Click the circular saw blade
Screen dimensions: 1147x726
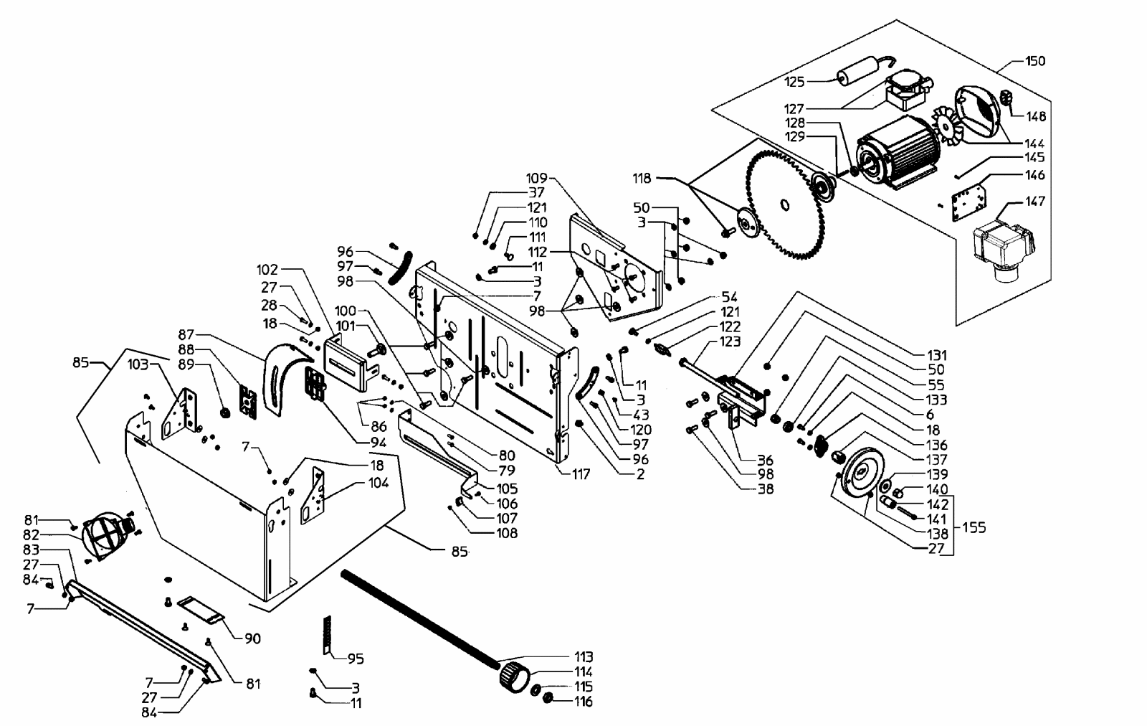point(786,204)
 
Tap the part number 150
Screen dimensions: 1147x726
point(1035,61)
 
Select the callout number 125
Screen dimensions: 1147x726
point(795,82)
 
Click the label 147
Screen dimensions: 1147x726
point(1035,202)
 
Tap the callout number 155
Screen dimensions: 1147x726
point(974,527)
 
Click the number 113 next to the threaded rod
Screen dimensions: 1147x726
point(584,657)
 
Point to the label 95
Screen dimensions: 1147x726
point(356,659)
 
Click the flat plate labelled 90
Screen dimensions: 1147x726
point(201,608)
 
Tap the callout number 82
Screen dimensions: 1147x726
point(32,535)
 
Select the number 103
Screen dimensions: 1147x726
point(138,364)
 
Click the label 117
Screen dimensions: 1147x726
point(581,474)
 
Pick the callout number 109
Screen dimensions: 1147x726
point(537,178)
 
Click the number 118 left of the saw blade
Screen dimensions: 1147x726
point(642,179)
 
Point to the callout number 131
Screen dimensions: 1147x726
point(936,355)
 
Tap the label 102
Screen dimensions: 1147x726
point(267,270)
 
